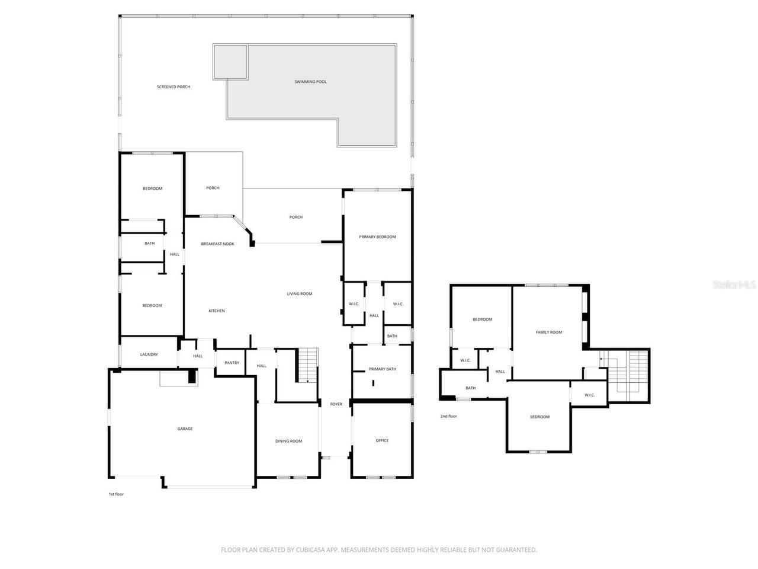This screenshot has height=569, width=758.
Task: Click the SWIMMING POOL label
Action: [x=310, y=82]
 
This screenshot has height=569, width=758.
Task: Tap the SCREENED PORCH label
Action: [x=174, y=87]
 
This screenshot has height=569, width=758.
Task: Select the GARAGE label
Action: [x=185, y=429]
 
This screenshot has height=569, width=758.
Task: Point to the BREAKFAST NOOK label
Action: [x=217, y=244]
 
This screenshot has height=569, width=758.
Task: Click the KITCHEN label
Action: [x=216, y=311]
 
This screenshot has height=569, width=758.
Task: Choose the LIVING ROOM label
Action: [x=300, y=294]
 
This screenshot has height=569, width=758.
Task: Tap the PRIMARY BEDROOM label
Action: [x=377, y=237]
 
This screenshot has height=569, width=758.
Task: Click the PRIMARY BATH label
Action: [x=383, y=369]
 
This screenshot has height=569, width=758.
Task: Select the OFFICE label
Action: [x=382, y=441]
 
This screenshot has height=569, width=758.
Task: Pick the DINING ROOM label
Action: [x=288, y=442]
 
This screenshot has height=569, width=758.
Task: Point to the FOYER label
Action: [x=336, y=404]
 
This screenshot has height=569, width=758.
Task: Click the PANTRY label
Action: [x=232, y=363]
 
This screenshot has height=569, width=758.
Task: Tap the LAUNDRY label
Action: [x=149, y=355]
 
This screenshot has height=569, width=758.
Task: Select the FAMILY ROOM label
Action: [x=548, y=333]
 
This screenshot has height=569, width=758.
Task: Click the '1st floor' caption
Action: [x=116, y=494]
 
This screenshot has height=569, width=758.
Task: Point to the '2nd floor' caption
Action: [x=448, y=417]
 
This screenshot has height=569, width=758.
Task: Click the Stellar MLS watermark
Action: [x=734, y=285]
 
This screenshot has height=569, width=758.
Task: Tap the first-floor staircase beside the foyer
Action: [x=307, y=365]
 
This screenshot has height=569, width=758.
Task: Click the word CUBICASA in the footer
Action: [x=307, y=550]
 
